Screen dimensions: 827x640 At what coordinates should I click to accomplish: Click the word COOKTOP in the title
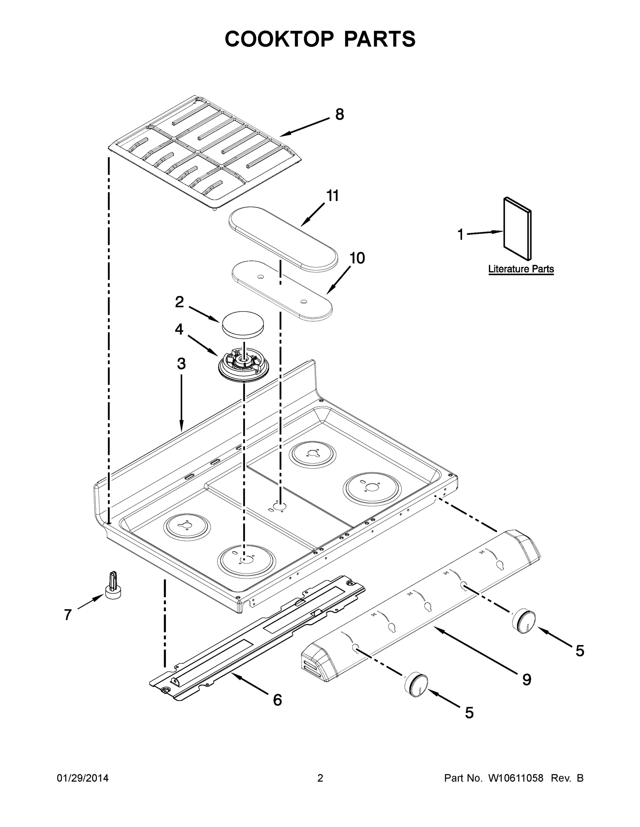pyautogui.click(x=279, y=39)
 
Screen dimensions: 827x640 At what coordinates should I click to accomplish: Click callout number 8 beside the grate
pyautogui.click(x=339, y=114)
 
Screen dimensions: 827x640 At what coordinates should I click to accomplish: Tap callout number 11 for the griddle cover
pyautogui.click(x=332, y=196)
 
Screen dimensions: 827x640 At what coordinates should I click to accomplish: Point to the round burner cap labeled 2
pyautogui.click(x=243, y=324)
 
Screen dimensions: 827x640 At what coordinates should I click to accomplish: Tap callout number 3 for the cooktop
pyautogui.click(x=181, y=364)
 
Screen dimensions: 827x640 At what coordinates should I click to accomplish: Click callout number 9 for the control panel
pyautogui.click(x=526, y=680)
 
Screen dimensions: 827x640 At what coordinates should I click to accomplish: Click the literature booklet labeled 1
pyautogui.click(x=517, y=228)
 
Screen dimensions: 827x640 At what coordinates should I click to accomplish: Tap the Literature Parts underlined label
pyautogui.click(x=521, y=269)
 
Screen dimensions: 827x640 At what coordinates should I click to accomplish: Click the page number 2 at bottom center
pyautogui.click(x=320, y=778)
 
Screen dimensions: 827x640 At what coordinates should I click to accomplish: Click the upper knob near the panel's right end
pyautogui.click(x=524, y=621)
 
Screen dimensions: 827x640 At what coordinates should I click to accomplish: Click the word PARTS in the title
pyautogui.click(x=380, y=39)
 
